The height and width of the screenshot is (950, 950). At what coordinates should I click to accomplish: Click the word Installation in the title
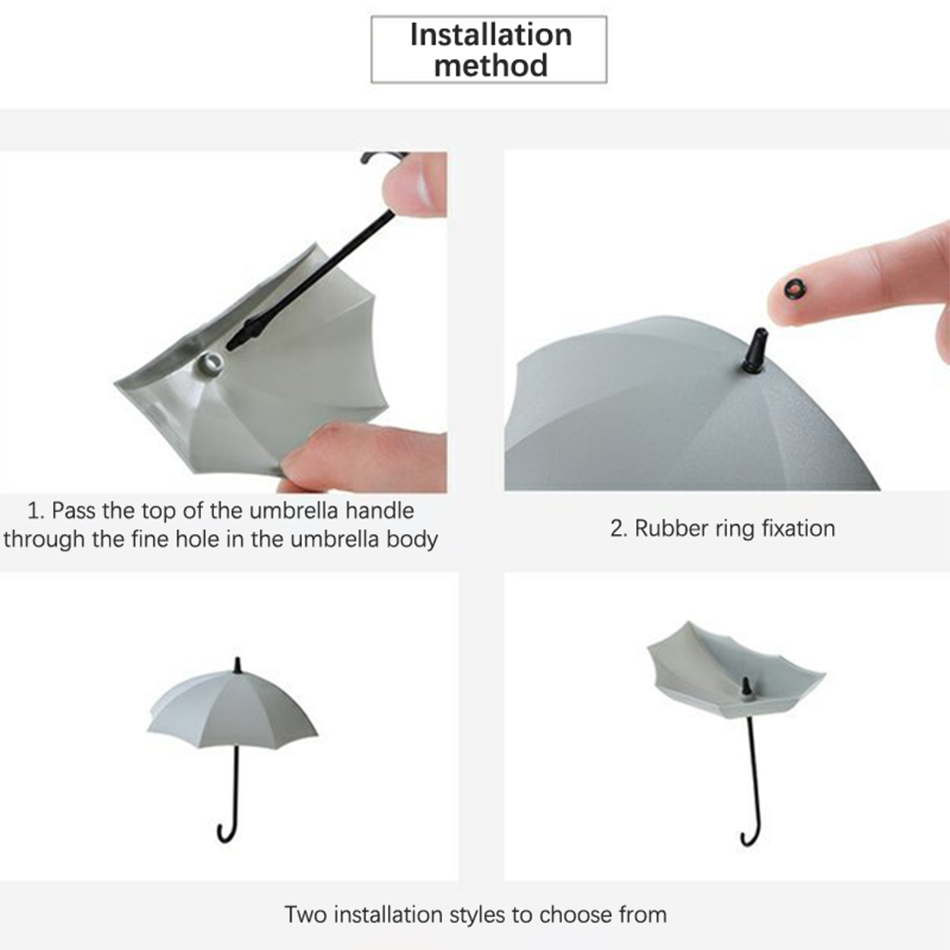click(491, 34)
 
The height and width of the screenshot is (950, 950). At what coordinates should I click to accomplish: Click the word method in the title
click(491, 65)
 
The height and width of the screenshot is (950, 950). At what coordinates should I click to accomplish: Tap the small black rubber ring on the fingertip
click(796, 289)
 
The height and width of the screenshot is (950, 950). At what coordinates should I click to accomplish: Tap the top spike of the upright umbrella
click(238, 665)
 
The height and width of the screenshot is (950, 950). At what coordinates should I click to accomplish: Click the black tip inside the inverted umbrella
click(746, 688)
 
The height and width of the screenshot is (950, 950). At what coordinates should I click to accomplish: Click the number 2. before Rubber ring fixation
click(619, 528)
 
